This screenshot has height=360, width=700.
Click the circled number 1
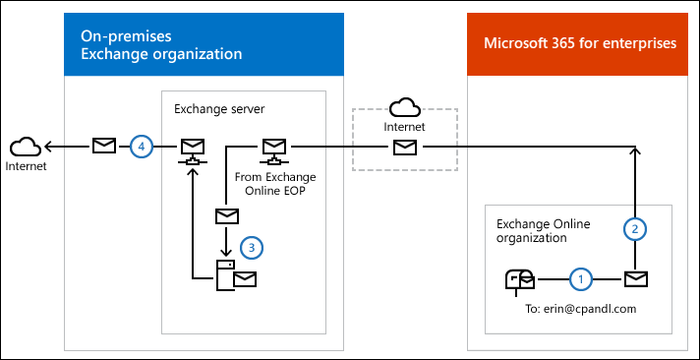click(x=580, y=279)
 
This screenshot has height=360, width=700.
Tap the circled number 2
click(x=636, y=228)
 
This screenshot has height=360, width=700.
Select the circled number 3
click(x=252, y=246)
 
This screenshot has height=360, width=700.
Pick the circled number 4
click(x=143, y=146)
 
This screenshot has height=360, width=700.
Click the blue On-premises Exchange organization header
click(x=204, y=44)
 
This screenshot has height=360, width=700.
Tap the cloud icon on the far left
click(x=25, y=147)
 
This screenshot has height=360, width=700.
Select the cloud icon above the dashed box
click(x=403, y=107)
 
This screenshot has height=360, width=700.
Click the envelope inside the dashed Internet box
click(x=403, y=147)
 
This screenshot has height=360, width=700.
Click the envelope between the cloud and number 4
click(x=103, y=146)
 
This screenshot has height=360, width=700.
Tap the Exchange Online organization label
click(x=544, y=231)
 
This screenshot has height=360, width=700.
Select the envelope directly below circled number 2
click(x=636, y=279)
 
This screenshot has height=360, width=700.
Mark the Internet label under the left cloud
click(x=25, y=166)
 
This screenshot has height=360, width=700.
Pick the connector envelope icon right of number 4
click(x=191, y=150)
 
